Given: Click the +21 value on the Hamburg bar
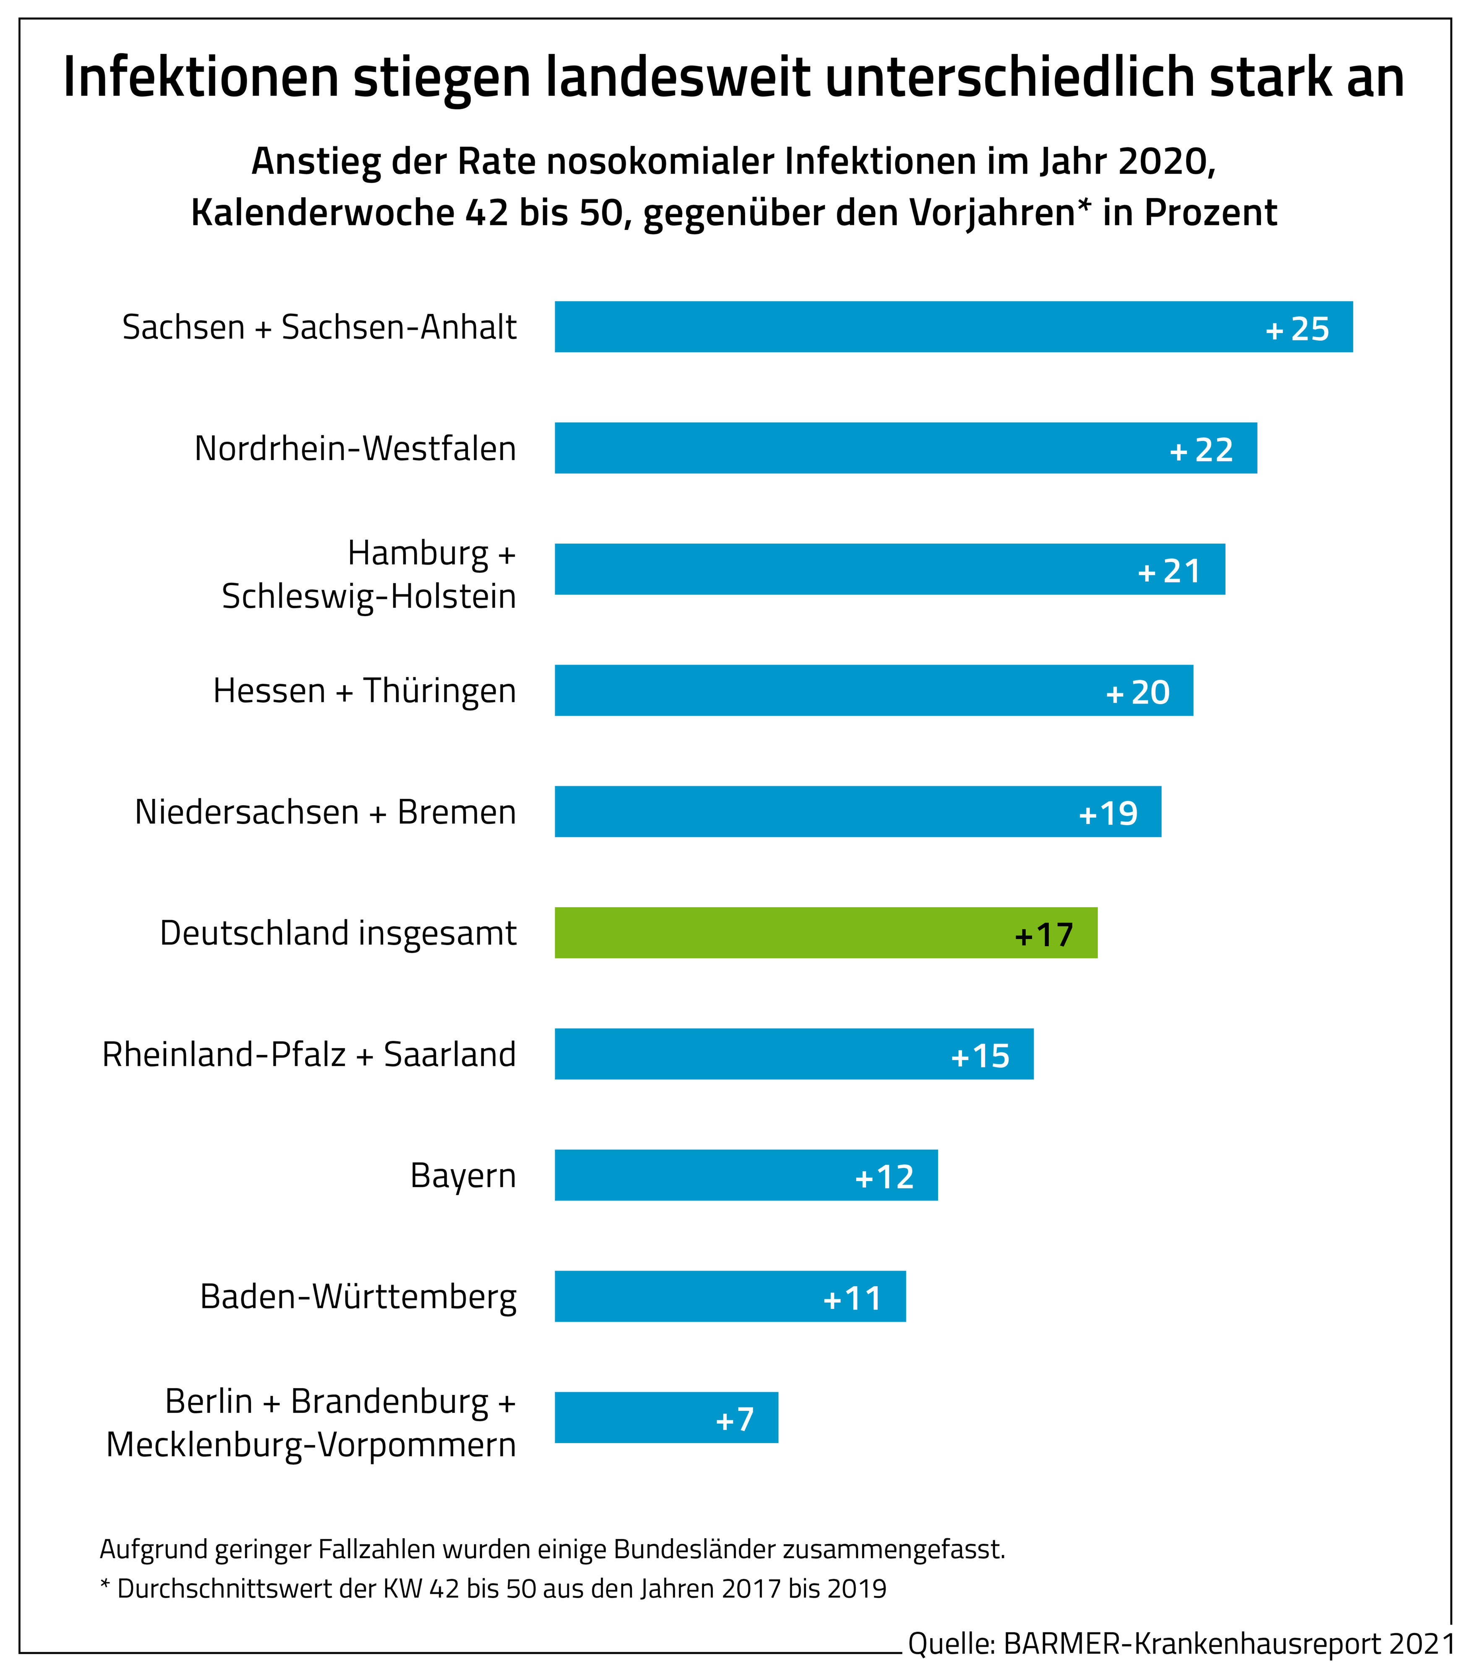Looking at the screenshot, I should click(x=1170, y=571).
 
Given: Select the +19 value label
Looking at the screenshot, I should click(x=1108, y=813).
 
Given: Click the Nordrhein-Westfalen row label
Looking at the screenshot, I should click(x=355, y=448).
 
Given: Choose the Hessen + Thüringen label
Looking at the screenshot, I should click(x=365, y=690).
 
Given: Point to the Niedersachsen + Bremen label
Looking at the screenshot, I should click(x=325, y=812).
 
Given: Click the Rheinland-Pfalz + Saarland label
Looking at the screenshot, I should click(x=309, y=1054).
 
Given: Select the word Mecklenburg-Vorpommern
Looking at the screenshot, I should click(x=311, y=1444).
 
